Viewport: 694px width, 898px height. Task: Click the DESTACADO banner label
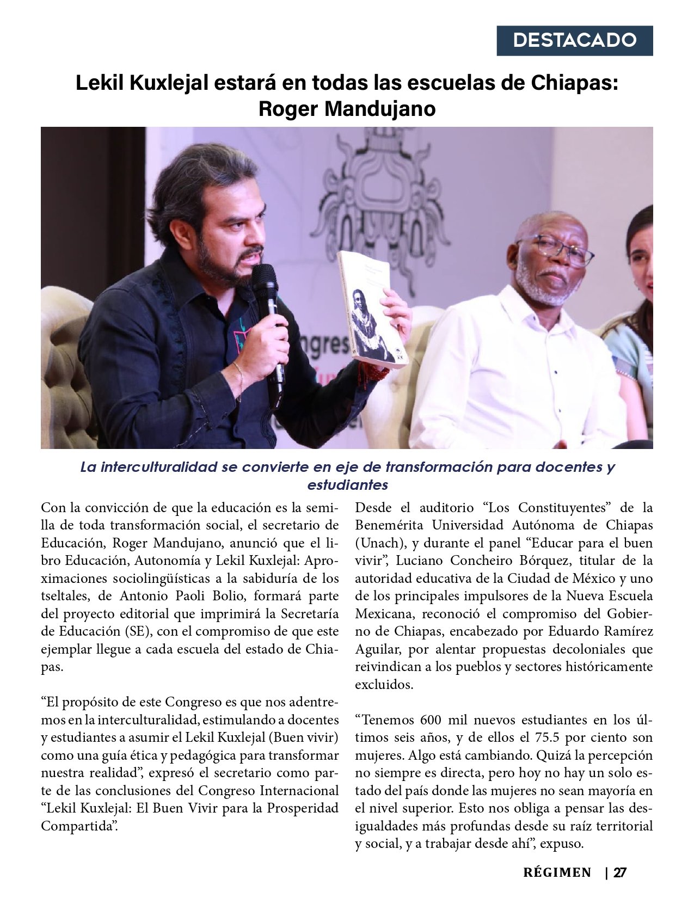[574, 40]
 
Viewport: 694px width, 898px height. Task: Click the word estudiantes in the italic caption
[347, 484]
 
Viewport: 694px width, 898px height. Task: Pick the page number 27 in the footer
[620, 873]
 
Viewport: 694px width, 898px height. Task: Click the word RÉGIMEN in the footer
[557, 873]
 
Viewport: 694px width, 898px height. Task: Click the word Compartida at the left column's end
[79, 826]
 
